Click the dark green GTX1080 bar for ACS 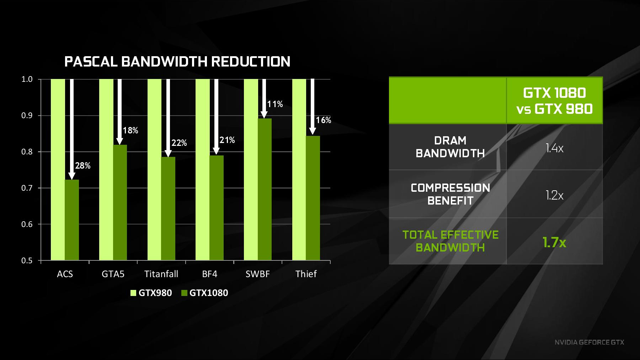click(x=72, y=220)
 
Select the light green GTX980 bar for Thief click(x=299, y=170)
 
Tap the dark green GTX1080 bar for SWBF click(x=265, y=189)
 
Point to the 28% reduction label click(x=83, y=165)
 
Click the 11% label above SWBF click(x=275, y=104)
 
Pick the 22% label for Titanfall click(x=179, y=143)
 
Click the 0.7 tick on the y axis click(x=27, y=188)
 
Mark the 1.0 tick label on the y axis click(x=27, y=79)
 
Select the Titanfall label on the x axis click(x=161, y=274)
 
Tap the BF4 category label click(x=210, y=274)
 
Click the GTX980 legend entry click(x=151, y=293)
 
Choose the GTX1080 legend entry click(x=205, y=293)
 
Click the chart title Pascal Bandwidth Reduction click(x=177, y=62)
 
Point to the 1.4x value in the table click(x=555, y=148)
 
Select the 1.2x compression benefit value click(x=555, y=195)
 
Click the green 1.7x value click(x=554, y=242)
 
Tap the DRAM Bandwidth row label click(x=450, y=147)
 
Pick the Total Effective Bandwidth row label click(x=450, y=241)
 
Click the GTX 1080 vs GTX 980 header click(x=555, y=101)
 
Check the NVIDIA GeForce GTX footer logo click(x=589, y=342)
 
